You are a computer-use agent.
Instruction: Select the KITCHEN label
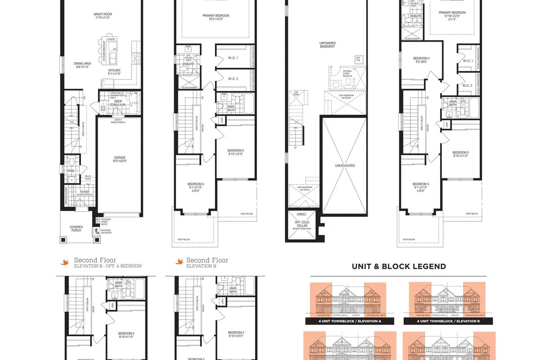[x=114, y=71]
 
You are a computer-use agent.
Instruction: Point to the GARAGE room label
[x=120, y=158]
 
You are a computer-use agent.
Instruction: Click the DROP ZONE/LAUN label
[x=119, y=102]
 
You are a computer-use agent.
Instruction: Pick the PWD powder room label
[x=71, y=171]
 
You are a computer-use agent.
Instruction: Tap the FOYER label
[x=85, y=191]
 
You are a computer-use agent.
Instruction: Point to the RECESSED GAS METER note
[x=105, y=231]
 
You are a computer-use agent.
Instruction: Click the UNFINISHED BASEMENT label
[x=328, y=45]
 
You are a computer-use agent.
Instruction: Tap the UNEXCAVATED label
[x=345, y=166]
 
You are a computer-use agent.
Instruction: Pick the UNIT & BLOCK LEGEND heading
[x=399, y=266]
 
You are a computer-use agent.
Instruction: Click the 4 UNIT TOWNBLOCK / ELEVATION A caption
[x=350, y=321]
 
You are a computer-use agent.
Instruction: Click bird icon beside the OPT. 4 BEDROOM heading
[x=66, y=261]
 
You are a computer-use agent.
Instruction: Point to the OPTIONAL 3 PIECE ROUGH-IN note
[x=348, y=73]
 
